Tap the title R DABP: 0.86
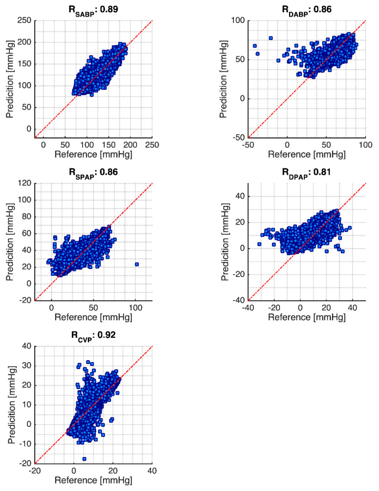307,9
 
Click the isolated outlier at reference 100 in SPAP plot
137,264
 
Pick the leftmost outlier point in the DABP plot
254,46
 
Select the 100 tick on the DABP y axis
240,20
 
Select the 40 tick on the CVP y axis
27,347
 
